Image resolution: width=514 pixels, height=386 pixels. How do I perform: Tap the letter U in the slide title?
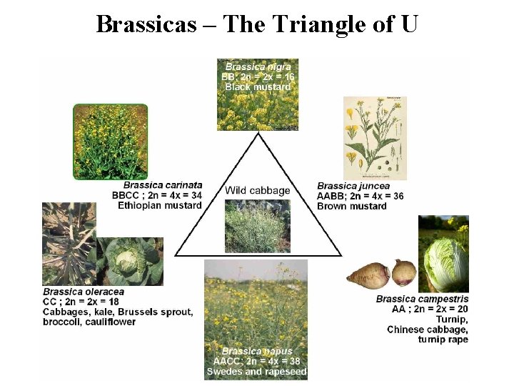click(x=408, y=24)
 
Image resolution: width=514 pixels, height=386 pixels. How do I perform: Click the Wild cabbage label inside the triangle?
click(x=258, y=190)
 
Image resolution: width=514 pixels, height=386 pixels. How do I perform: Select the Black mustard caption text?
click(x=258, y=86)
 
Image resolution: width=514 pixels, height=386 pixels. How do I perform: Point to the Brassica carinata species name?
click(x=163, y=185)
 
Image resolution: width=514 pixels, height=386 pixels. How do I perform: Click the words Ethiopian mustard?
click(x=160, y=205)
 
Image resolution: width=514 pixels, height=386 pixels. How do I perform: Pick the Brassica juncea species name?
click(x=353, y=186)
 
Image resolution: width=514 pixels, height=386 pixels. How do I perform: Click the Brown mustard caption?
click(x=352, y=206)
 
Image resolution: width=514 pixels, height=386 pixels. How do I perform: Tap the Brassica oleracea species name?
click(x=84, y=292)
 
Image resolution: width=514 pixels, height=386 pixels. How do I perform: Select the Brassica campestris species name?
click(x=422, y=299)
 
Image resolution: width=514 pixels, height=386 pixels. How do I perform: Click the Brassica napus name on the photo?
click(x=257, y=351)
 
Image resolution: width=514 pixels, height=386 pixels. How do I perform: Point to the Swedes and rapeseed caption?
click(x=257, y=372)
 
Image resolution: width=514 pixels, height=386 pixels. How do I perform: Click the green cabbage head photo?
click(x=130, y=262)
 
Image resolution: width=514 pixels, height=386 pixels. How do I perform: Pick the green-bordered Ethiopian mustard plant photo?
click(x=111, y=142)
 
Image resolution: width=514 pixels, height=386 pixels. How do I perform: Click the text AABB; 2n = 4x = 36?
click(x=361, y=196)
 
